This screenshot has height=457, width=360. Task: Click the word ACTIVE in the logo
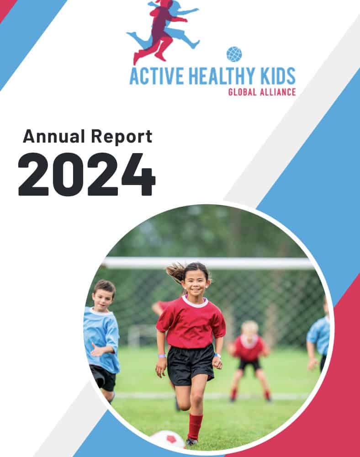coord(156,76)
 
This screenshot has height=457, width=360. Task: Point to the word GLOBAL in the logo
coord(242,92)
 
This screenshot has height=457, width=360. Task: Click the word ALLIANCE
coord(278,92)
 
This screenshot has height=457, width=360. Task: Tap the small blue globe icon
coord(234,54)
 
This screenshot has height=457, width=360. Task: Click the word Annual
coord(54,136)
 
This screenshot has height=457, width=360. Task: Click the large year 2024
coord(87,174)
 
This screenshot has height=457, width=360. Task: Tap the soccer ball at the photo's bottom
coord(167,440)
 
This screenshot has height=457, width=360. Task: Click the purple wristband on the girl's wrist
coord(161,356)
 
